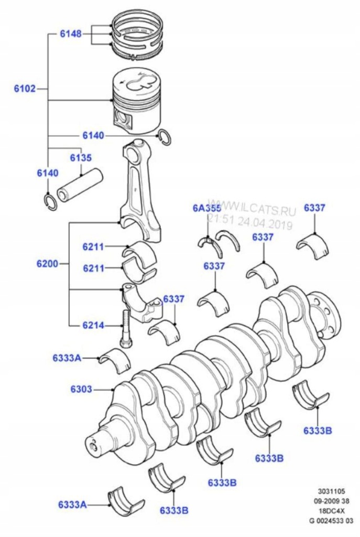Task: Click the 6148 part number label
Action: pos(70,34)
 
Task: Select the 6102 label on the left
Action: pos(25,89)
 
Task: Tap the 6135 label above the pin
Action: pos(81,157)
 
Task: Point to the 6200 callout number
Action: pos(47,263)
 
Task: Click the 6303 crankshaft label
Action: pos(81,390)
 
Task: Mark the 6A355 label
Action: pos(206,208)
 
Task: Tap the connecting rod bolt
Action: pos(126,328)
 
